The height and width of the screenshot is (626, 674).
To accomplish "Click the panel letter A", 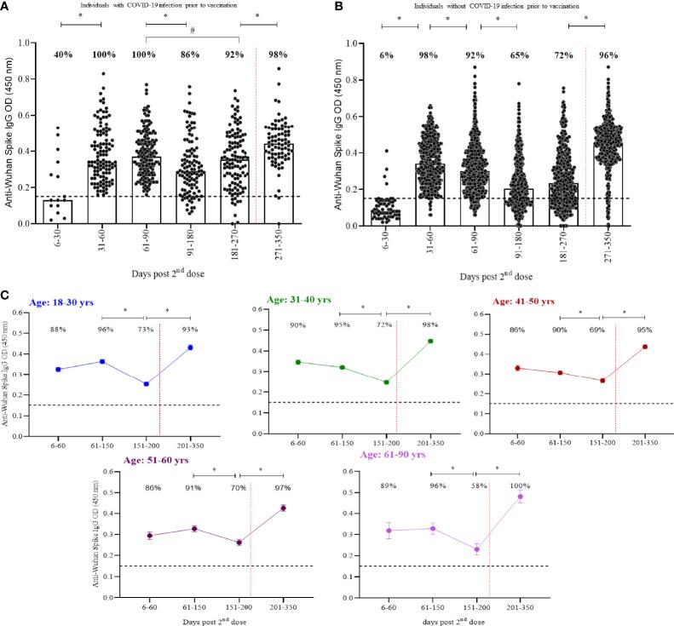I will tap(7, 7).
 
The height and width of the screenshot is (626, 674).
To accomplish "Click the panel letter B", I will tap(343, 7).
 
